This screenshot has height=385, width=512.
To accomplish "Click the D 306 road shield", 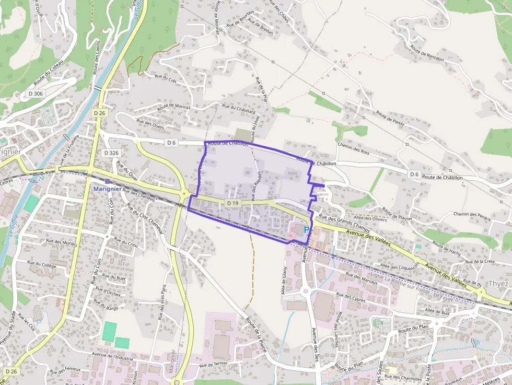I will click(36, 94).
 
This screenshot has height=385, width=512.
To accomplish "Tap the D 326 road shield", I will click(111, 153).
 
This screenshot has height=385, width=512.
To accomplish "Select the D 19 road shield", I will click(233, 203).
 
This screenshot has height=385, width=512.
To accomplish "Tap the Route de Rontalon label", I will click(427, 54).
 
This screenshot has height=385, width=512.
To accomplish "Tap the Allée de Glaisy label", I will click(285, 280).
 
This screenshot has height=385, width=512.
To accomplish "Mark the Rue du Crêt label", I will click(166, 77).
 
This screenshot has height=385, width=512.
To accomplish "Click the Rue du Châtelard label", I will click(238, 109).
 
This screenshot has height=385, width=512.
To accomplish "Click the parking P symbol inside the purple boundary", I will click(306, 230).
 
